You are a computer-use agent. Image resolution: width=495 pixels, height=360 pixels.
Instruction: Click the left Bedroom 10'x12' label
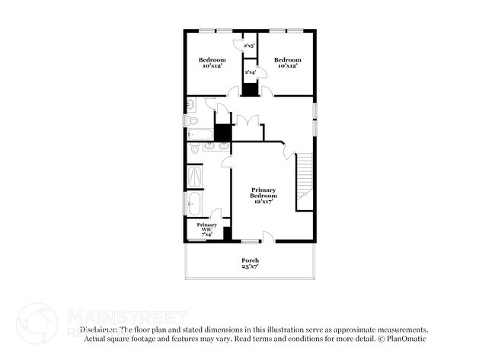212,63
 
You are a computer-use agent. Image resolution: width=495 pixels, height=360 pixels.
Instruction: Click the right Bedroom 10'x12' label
288,63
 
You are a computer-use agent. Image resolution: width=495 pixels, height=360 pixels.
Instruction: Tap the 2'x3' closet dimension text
249,46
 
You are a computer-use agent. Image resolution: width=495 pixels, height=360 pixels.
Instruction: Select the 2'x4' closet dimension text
250,72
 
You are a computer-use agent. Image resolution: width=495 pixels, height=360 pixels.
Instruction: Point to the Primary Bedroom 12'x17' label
263,196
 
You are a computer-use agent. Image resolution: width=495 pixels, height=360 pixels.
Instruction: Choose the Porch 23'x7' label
251,263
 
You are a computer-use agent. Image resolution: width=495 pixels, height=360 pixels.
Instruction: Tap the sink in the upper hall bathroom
191,104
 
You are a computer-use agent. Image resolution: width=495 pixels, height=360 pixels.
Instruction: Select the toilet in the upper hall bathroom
193,120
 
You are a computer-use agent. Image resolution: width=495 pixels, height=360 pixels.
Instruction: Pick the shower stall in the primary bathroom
196,177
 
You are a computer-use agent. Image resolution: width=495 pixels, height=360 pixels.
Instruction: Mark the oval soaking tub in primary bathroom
194,204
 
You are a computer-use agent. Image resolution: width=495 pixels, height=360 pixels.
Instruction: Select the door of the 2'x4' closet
260,72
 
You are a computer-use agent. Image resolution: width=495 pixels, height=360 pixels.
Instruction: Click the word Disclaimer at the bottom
98,330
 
